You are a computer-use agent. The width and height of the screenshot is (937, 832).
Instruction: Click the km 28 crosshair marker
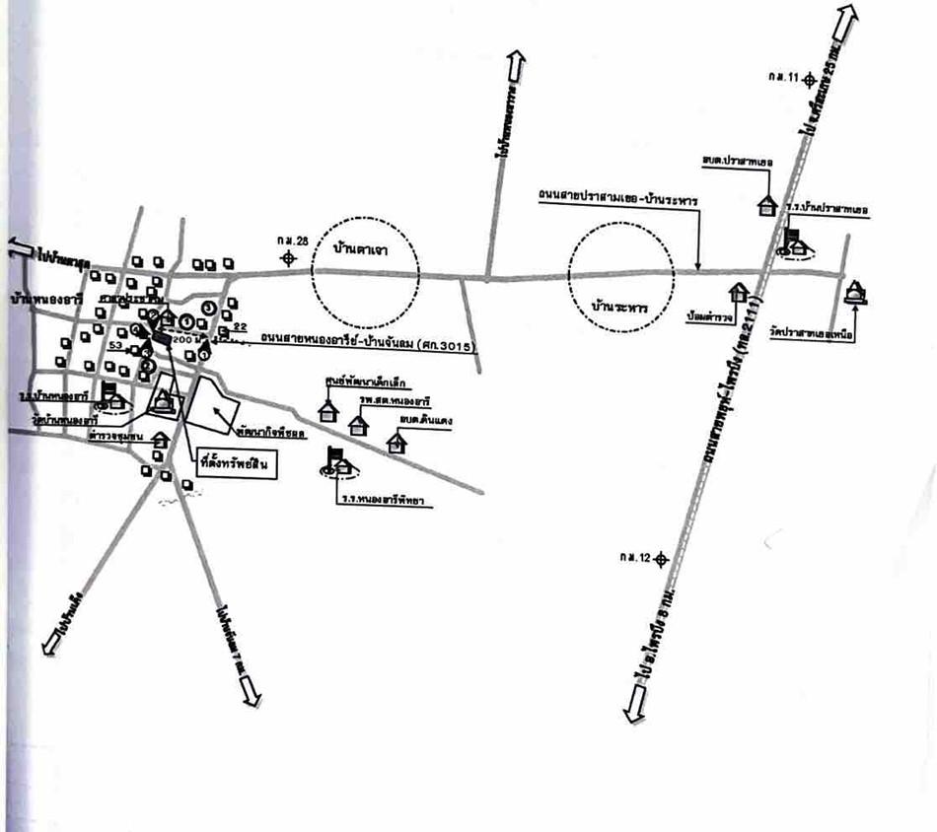coord(288,258)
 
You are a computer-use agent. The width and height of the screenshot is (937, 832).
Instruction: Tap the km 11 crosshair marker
coord(809,77)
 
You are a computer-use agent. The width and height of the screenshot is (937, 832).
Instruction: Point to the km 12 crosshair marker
coord(661,559)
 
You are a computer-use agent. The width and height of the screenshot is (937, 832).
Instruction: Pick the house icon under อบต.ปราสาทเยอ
coord(766,204)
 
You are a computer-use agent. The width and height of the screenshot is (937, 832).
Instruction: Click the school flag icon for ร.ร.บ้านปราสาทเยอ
coord(793,241)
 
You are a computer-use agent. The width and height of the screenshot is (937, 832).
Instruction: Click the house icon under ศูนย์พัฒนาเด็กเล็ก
coord(328,406)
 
